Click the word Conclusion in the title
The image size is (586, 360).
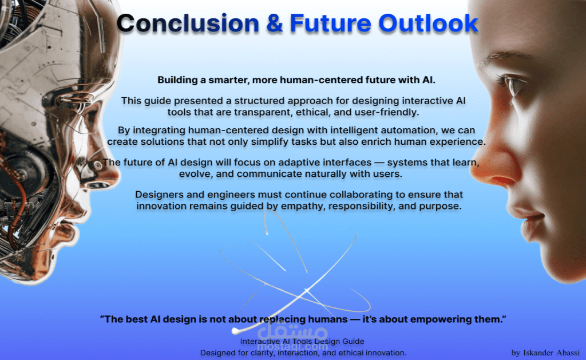point(188,23)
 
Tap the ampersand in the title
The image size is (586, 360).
point(275,23)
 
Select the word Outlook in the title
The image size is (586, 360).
point(428,23)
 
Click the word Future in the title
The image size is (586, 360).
point(330,23)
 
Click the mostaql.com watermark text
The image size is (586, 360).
point(292,346)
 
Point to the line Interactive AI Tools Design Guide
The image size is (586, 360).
point(302,341)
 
